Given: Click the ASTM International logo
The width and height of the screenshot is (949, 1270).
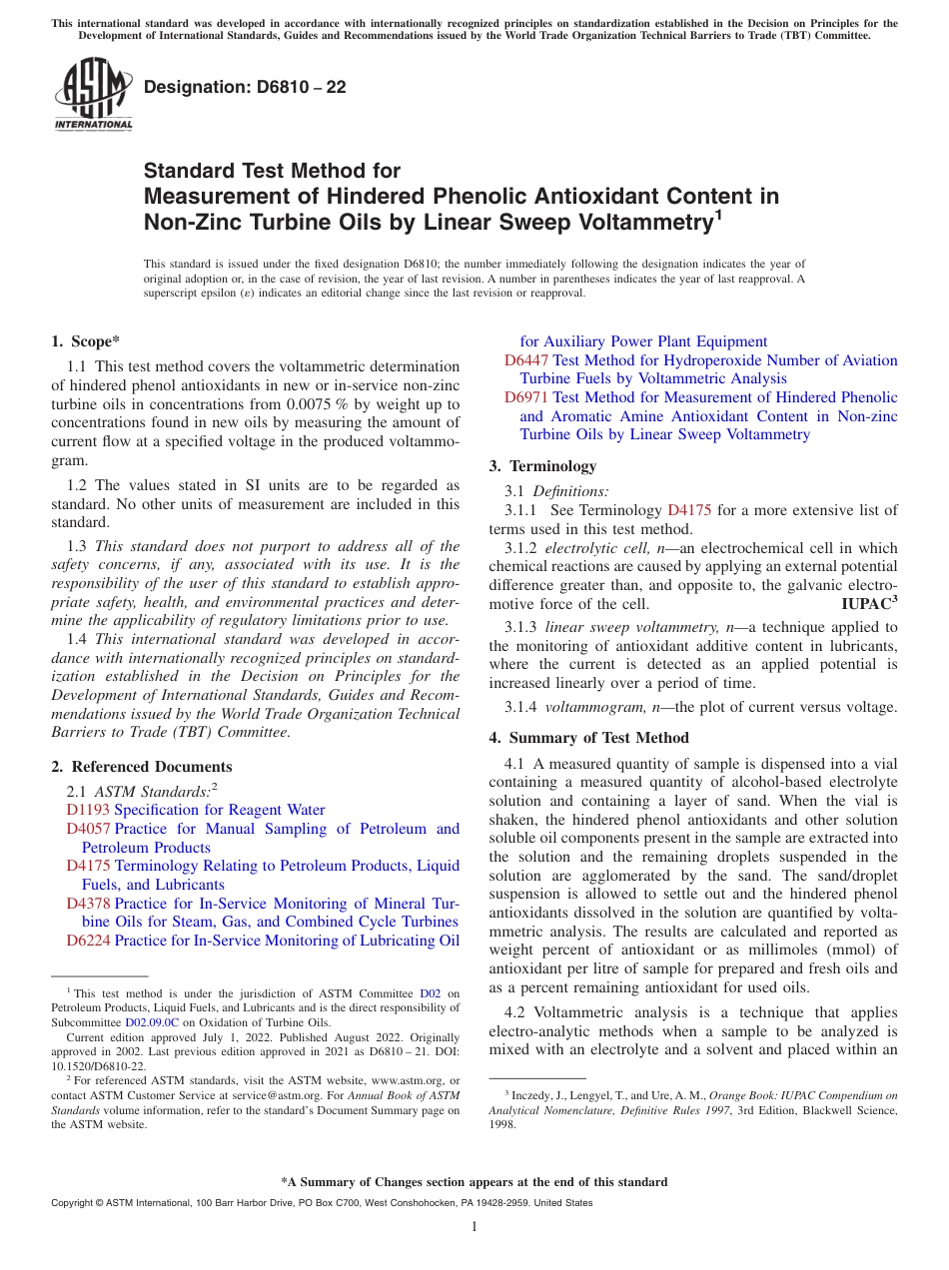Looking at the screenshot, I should click(93, 94).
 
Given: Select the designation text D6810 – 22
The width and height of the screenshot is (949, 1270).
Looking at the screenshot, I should click(245, 87).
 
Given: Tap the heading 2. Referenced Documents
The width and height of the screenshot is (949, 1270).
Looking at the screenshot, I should click(142, 767).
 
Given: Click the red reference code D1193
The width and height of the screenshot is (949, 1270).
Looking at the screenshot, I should click(88, 810).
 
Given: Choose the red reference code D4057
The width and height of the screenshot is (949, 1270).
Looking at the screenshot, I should click(88, 829).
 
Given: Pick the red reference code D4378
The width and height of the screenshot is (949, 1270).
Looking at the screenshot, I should click(88, 904).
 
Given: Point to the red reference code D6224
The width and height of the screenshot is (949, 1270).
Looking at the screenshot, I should click(88, 940).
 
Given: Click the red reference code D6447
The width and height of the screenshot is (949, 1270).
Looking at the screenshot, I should click(526, 360).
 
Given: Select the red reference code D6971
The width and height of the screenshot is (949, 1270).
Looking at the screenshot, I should click(526, 397).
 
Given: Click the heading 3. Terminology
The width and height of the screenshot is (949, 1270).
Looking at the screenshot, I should click(542, 466).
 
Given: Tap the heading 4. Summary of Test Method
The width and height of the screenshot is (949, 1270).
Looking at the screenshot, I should click(588, 738).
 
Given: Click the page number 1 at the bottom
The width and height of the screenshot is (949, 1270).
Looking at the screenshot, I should click(474, 1227).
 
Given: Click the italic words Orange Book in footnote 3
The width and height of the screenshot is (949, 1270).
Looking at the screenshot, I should click(740, 1095).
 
